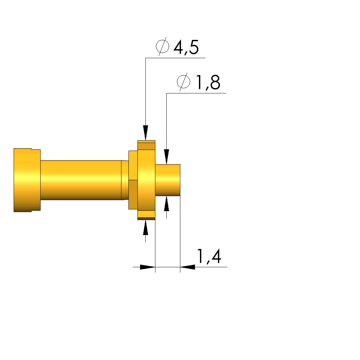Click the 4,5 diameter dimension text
(x=186, y=47)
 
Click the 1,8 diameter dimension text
(x=208, y=82)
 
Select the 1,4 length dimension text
(x=209, y=256)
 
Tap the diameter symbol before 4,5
(x=162, y=46)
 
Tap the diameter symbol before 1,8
(x=184, y=81)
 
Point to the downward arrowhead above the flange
(x=145, y=133)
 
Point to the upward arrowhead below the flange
(x=145, y=227)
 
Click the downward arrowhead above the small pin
(x=167, y=157)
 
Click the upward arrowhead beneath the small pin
(x=167, y=203)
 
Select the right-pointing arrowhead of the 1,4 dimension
(x=147, y=267)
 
